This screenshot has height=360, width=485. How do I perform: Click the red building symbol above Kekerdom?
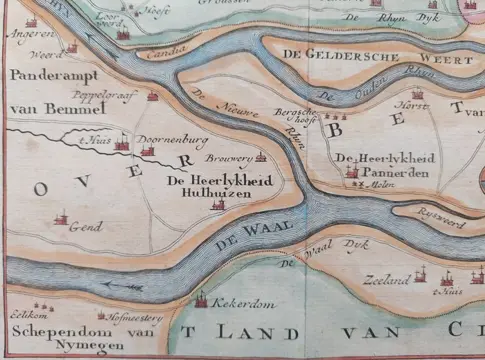click(201, 298)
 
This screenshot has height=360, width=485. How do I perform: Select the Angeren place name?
click(28, 33)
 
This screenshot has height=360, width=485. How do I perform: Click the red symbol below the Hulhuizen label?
click(217, 204)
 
